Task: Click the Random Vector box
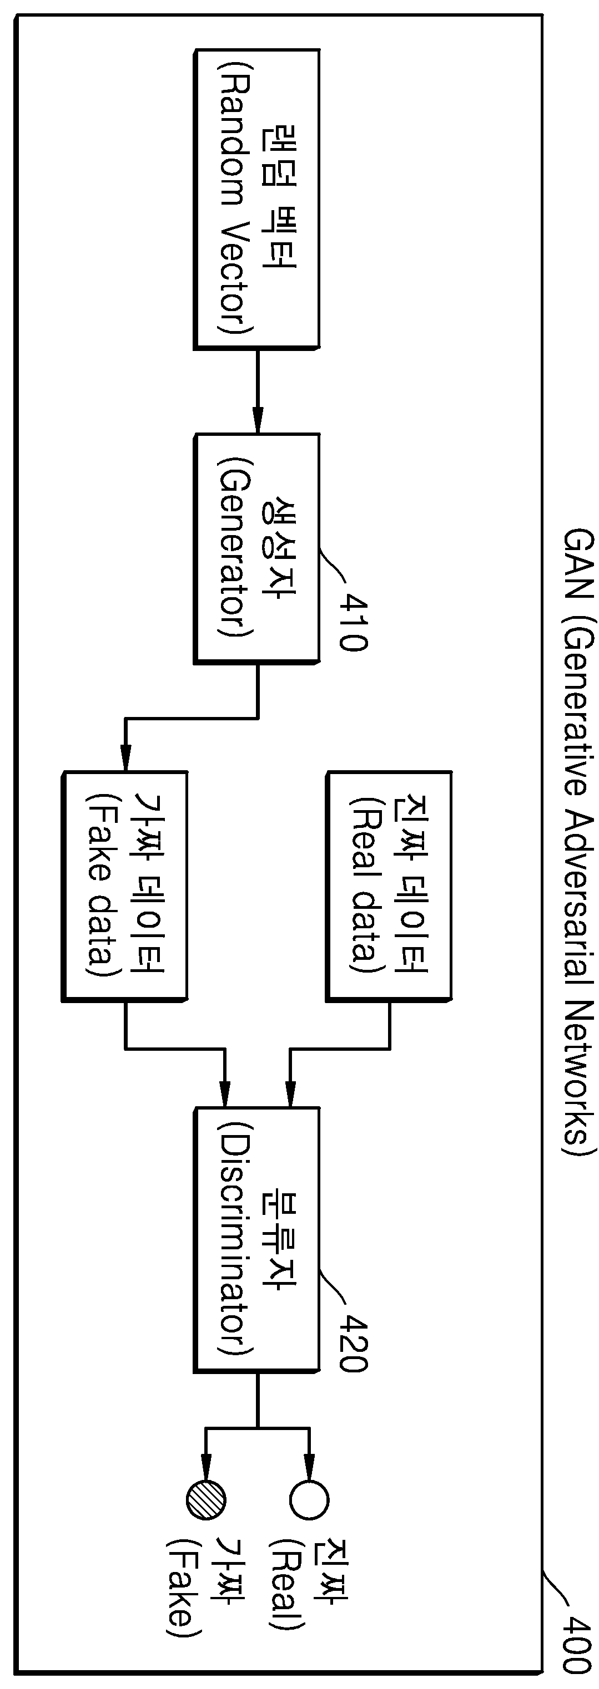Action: pyautogui.click(x=256, y=198)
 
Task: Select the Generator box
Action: pyautogui.click(x=256, y=548)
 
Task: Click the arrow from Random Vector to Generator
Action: pyautogui.click(x=257, y=391)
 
